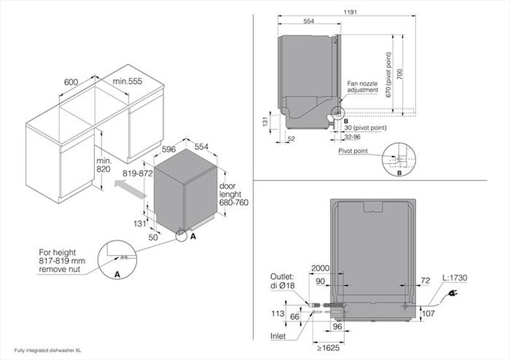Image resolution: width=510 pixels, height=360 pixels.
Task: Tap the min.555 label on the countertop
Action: pyautogui.click(x=127, y=82)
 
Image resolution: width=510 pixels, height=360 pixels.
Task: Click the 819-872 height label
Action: pyautogui.click(x=138, y=173)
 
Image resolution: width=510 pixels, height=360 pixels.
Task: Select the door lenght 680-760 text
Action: pyautogui.click(x=233, y=194)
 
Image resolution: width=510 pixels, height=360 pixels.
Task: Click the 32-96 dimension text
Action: pyautogui.click(x=352, y=137)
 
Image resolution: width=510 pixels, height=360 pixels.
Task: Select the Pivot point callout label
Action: pyautogui.click(x=353, y=151)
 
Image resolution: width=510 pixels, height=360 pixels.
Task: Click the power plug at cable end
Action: pyautogui.click(x=452, y=293)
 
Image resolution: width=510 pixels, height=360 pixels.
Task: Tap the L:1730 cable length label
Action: pyautogui.click(x=455, y=278)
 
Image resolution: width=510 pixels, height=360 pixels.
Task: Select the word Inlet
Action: pyautogui.click(x=278, y=337)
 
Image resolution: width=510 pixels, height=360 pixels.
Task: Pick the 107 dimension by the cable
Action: pyautogui.click(x=429, y=314)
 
